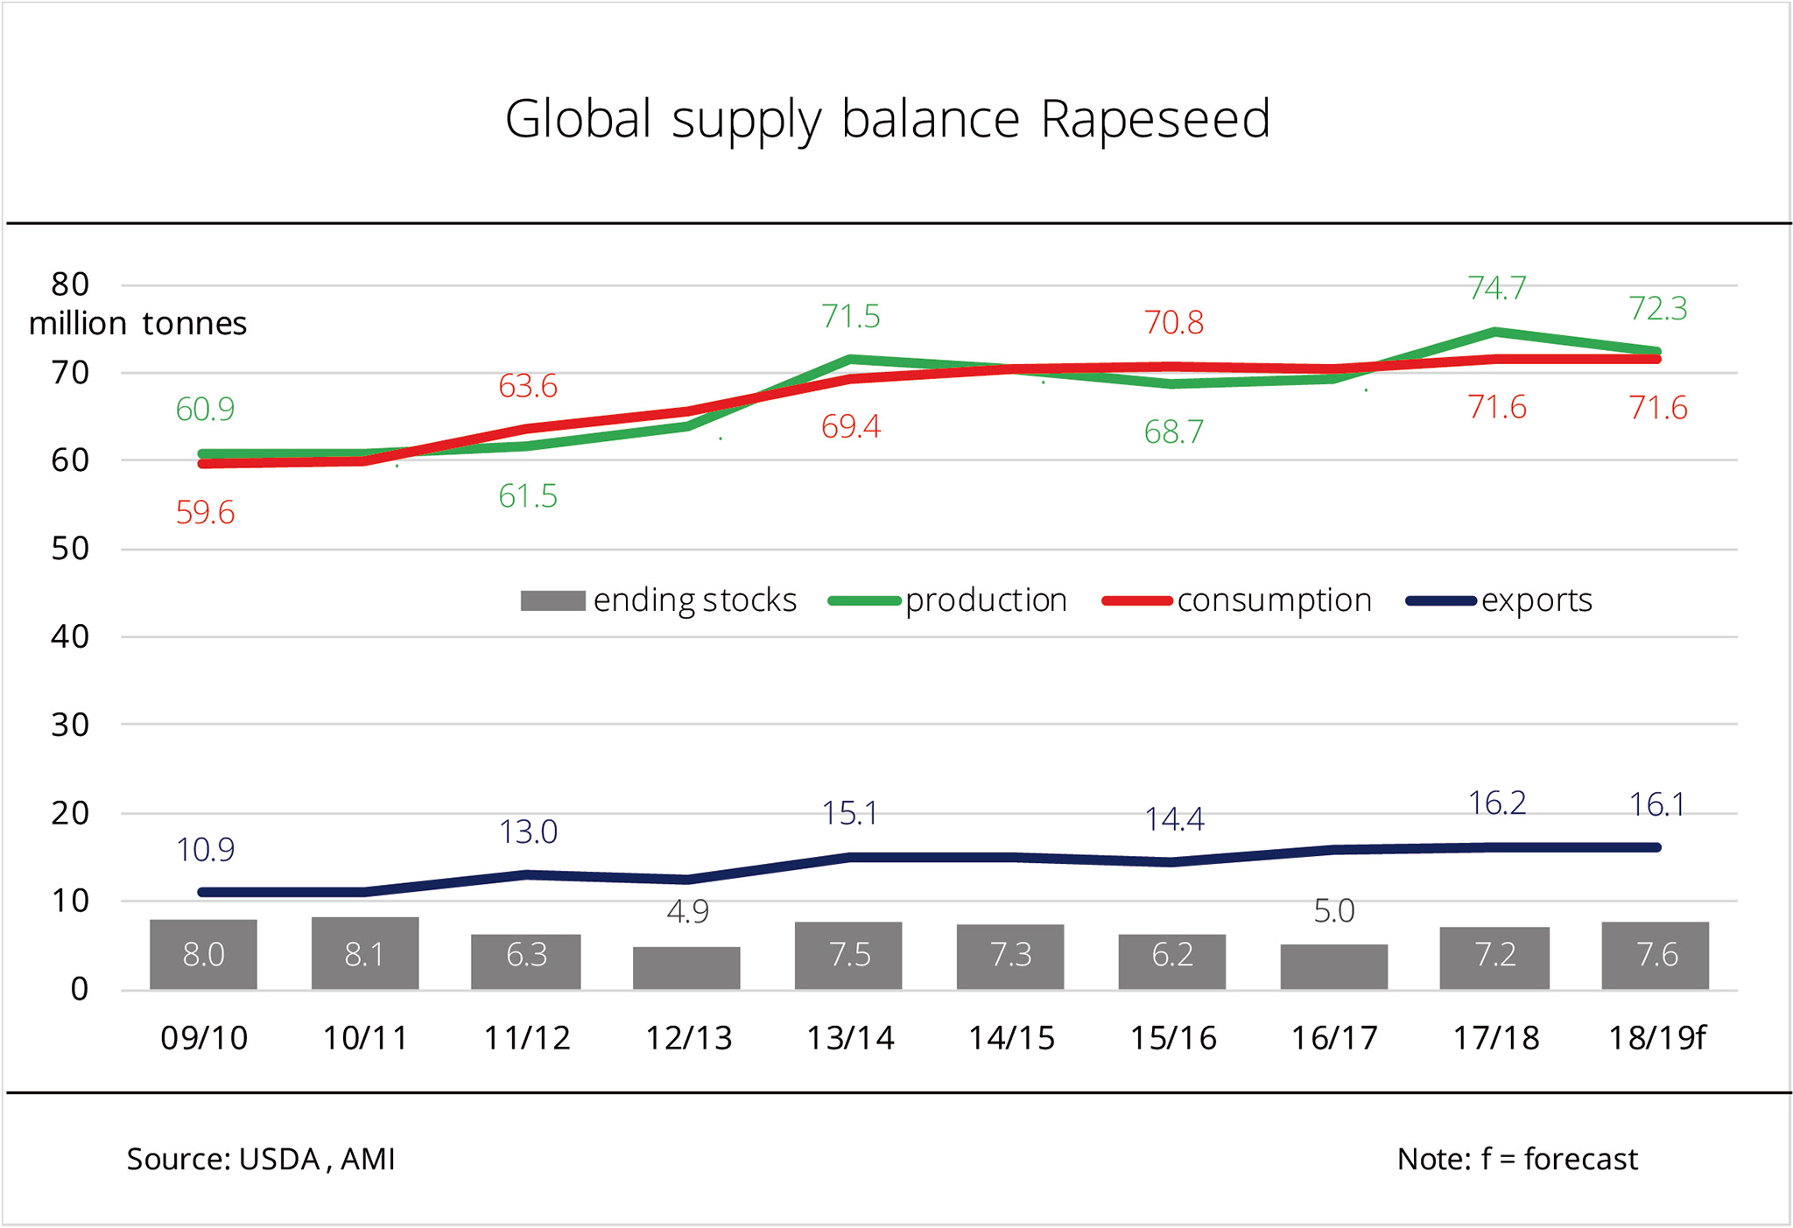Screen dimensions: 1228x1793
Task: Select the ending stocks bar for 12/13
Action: (x=686, y=968)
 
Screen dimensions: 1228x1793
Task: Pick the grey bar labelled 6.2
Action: (x=1171, y=961)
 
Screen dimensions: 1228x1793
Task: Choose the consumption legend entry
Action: (x=1236, y=600)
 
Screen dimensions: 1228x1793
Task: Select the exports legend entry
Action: (x=1499, y=600)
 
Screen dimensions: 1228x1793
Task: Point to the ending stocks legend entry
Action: (x=658, y=600)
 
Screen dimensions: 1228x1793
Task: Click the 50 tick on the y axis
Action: (x=70, y=549)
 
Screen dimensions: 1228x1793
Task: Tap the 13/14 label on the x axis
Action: (x=849, y=1038)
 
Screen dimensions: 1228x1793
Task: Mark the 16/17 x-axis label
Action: (x=1334, y=1038)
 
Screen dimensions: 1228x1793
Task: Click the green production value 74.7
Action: (x=1497, y=288)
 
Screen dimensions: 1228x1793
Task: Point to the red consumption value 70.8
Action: (x=1173, y=323)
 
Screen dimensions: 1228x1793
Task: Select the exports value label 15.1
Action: (x=849, y=814)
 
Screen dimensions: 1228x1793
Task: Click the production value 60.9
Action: (x=205, y=409)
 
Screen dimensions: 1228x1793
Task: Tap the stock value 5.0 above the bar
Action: (x=1334, y=911)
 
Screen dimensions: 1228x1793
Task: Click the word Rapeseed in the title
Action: (x=1155, y=119)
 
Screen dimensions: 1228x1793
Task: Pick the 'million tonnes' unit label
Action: (x=137, y=324)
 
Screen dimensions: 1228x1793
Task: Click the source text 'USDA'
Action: (x=279, y=1159)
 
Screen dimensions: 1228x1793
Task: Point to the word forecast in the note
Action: (x=1580, y=1159)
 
